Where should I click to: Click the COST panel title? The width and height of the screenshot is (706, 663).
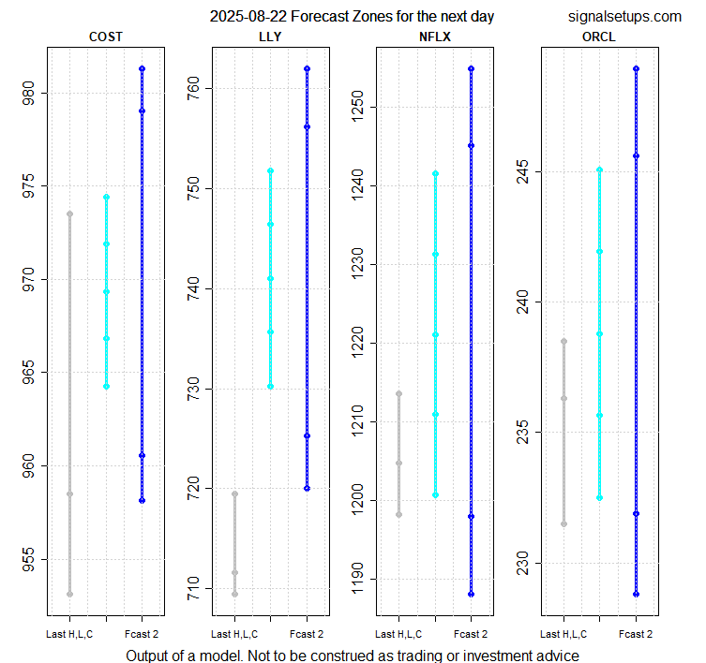tap(105, 37)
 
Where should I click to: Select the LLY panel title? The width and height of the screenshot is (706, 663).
tap(270, 37)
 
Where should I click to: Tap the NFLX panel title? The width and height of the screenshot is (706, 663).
tap(435, 37)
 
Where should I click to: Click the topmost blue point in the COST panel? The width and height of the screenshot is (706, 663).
tap(142, 68)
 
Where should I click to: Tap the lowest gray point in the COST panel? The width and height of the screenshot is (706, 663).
tap(69, 594)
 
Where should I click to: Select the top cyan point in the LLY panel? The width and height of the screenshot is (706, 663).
tap(270, 170)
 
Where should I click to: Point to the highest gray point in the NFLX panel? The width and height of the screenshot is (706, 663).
tap(398, 393)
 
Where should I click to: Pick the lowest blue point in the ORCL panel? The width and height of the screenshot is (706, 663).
tap(636, 594)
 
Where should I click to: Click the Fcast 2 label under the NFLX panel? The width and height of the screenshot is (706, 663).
tap(472, 635)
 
